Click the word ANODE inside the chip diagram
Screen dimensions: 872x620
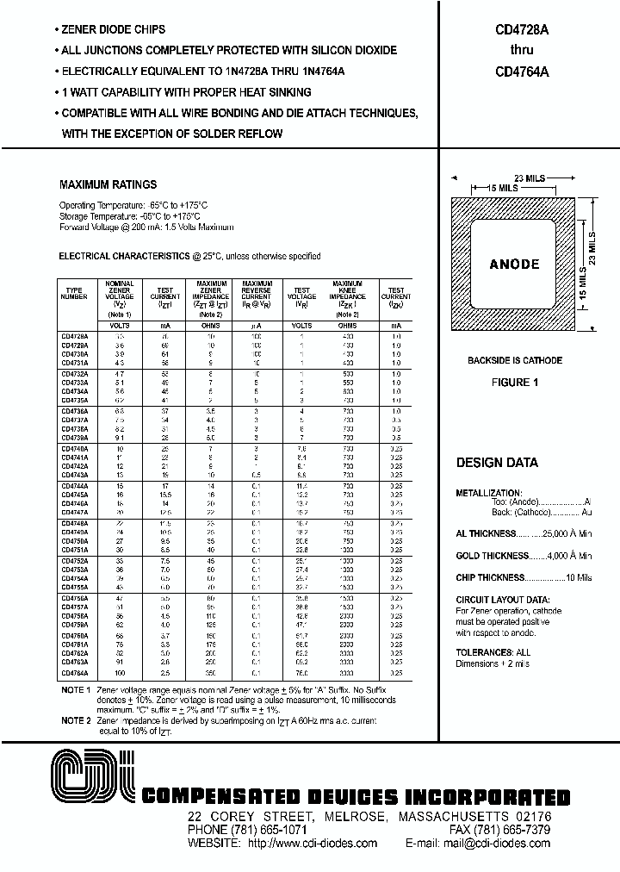click(x=514, y=265)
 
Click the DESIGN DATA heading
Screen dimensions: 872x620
click(x=497, y=463)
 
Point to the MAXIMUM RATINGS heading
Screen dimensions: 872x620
click(x=108, y=184)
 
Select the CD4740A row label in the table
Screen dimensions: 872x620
click(x=76, y=448)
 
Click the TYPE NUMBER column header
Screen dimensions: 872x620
click(x=75, y=293)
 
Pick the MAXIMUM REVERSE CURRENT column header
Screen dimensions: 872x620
click(x=257, y=293)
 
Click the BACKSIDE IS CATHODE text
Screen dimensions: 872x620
click(x=515, y=360)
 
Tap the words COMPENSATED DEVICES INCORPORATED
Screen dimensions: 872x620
click(x=355, y=797)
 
